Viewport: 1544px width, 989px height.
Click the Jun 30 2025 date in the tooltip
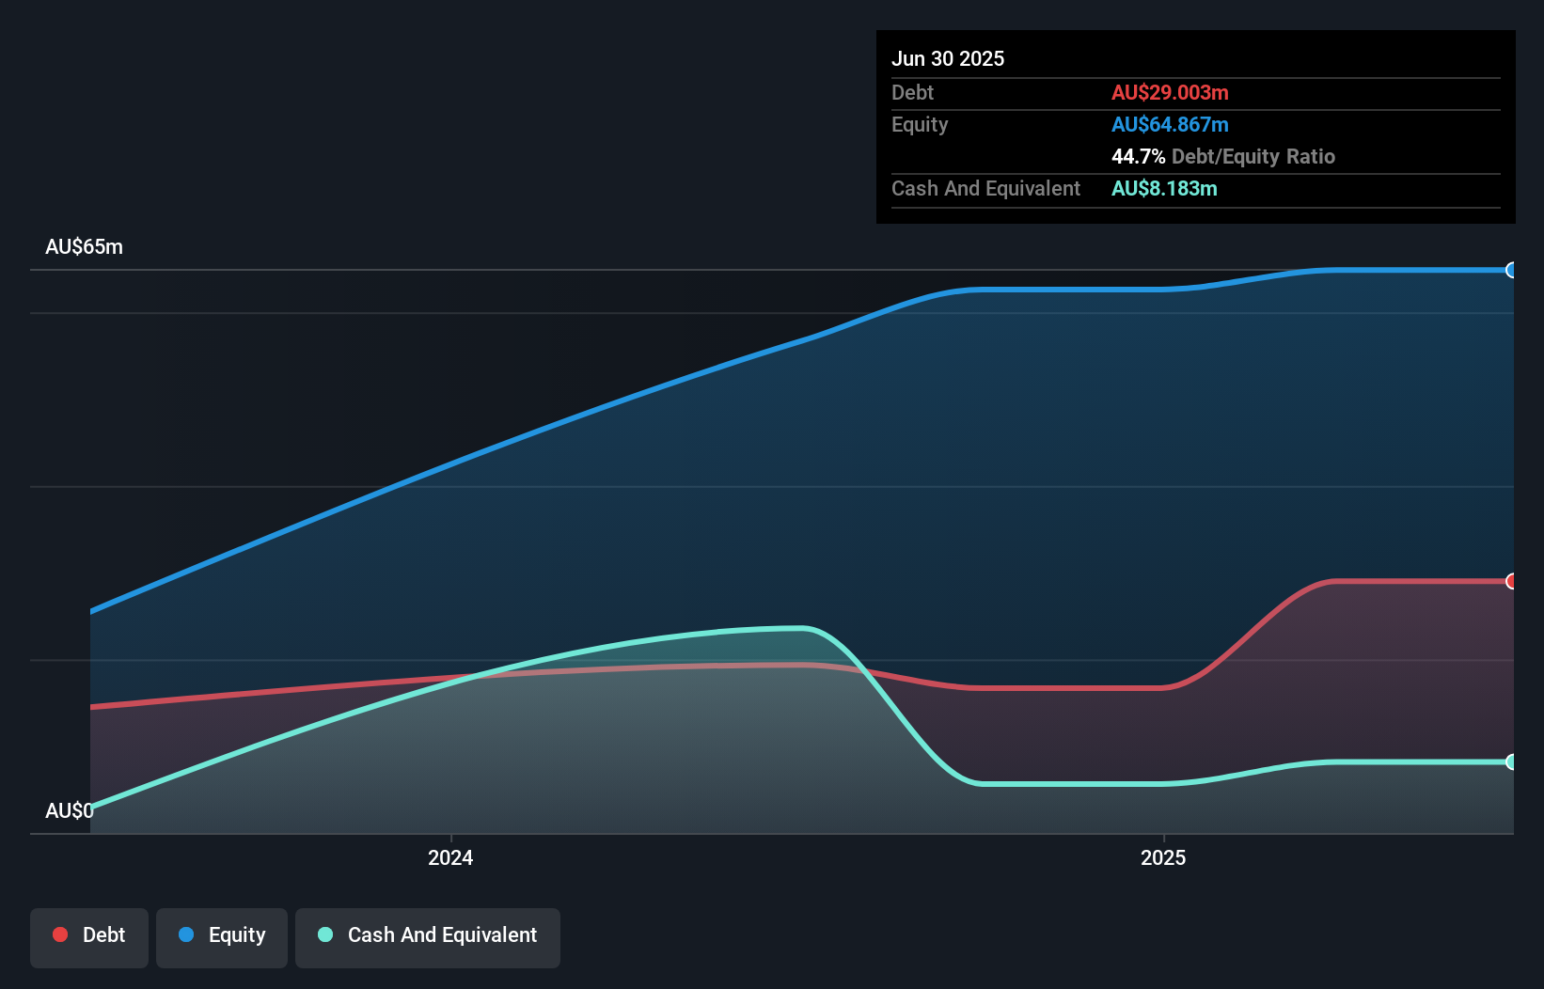click(x=947, y=58)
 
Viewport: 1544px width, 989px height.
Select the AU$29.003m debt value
click(x=1169, y=92)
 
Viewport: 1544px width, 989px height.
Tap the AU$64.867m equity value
click(x=1169, y=124)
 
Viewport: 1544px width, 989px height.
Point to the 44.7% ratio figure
click(x=1138, y=156)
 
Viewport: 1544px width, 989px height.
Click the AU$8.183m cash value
click(x=1163, y=188)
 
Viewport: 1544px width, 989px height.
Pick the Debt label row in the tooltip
click(x=912, y=92)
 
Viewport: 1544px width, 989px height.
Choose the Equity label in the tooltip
click(x=919, y=124)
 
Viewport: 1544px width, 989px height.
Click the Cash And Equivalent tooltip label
click(x=985, y=188)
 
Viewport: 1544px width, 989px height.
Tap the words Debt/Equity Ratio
click(x=1253, y=156)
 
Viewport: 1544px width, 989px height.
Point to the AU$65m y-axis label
click(x=84, y=246)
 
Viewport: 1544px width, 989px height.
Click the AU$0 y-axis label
click(x=69, y=810)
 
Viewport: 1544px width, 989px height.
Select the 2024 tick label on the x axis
click(x=450, y=857)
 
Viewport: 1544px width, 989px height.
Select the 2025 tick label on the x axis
click(x=1163, y=857)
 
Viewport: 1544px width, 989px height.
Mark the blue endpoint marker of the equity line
click(x=1511, y=270)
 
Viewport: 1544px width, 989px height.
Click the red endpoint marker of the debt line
click(x=1511, y=581)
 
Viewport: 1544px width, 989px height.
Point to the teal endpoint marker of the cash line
click(x=1511, y=761)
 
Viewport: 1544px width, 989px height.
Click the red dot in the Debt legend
click(x=60, y=934)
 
